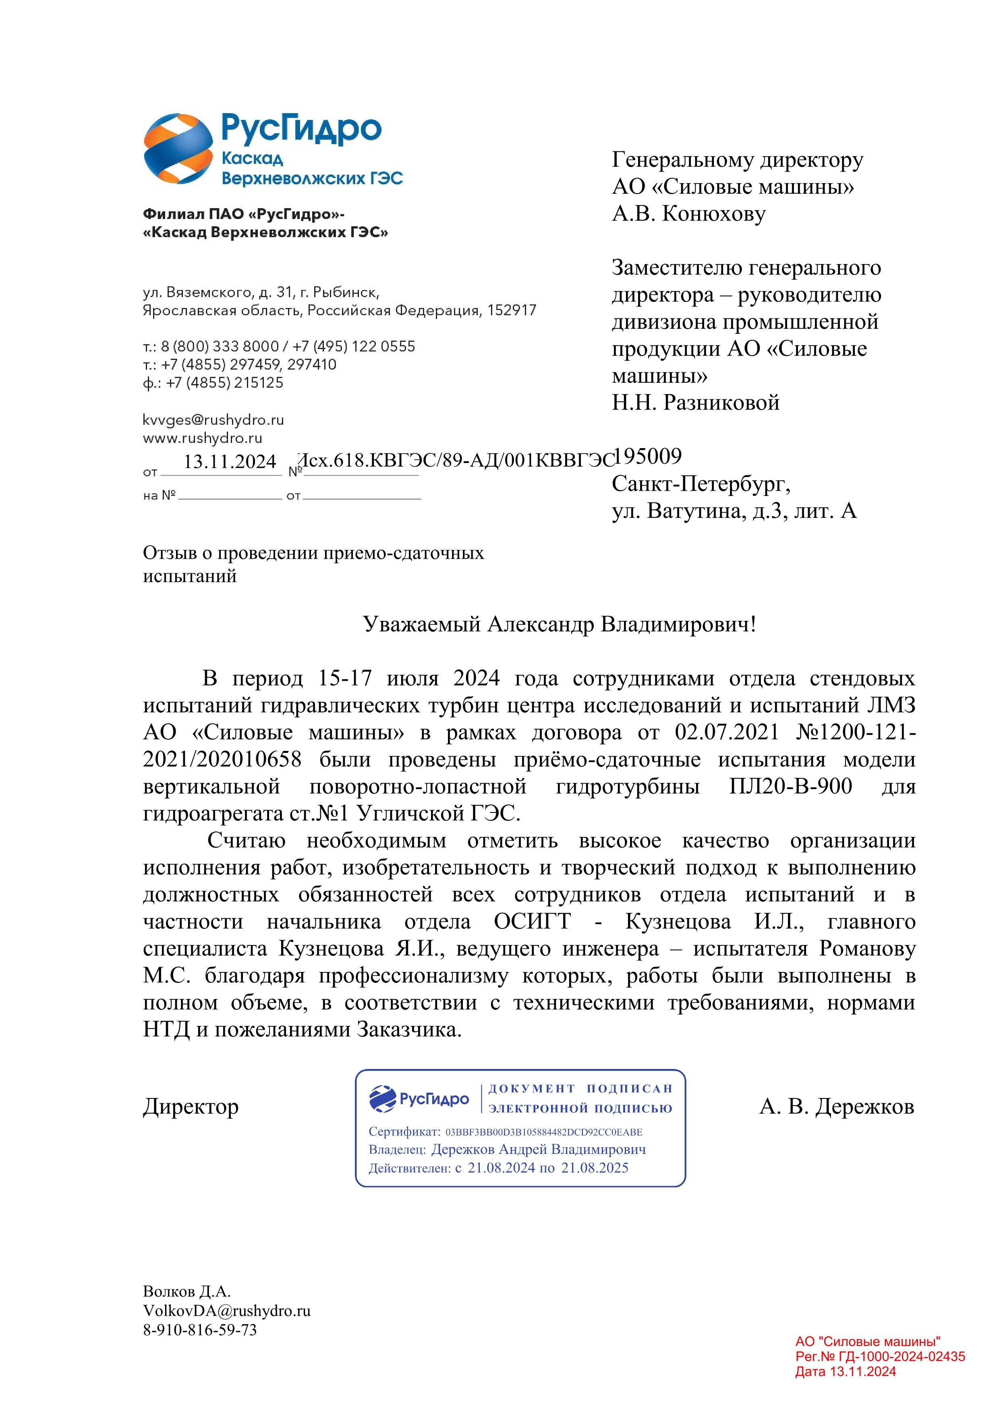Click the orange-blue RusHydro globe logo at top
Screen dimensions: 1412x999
point(178,149)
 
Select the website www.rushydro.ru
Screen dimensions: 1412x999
point(202,438)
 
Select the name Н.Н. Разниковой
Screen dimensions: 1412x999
point(695,403)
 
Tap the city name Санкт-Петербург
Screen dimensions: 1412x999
point(701,484)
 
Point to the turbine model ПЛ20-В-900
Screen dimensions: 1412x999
point(790,787)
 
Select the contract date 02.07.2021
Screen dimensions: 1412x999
point(726,732)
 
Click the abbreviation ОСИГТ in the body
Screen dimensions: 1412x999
point(532,922)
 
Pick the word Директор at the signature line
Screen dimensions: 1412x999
point(191,1107)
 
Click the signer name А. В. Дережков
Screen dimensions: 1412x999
point(837,1107)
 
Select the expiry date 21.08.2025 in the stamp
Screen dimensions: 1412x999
point(595,1168)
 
